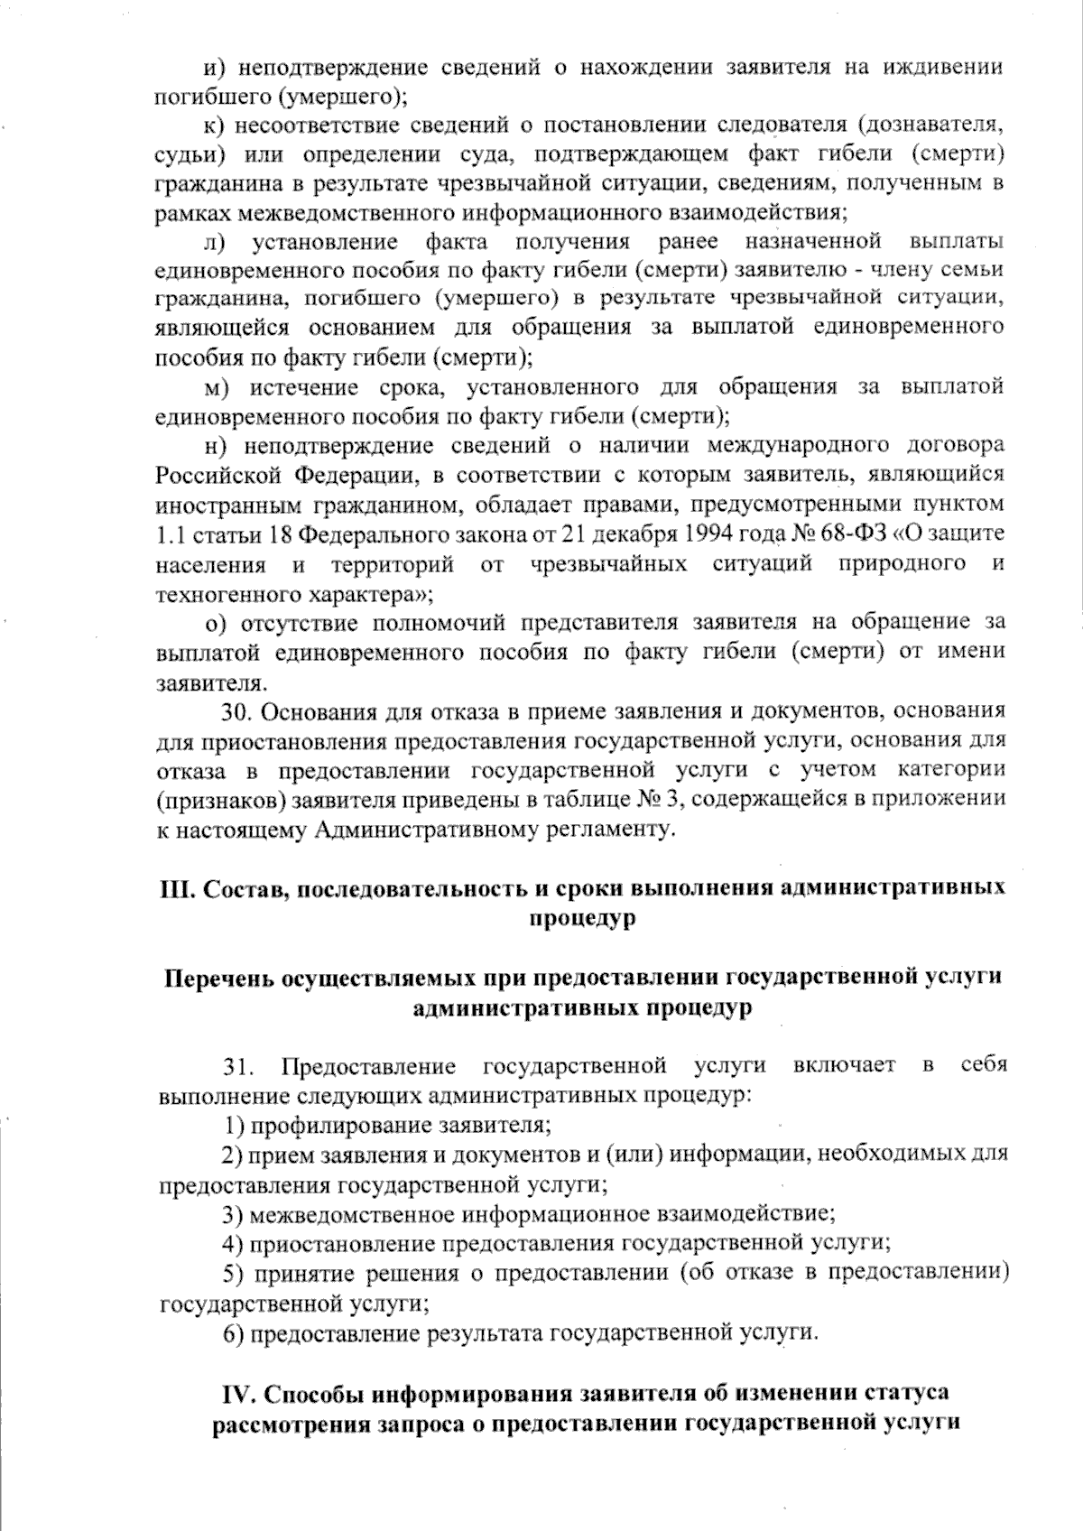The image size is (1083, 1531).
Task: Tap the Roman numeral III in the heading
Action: pyautogui.click(x=171, y=888)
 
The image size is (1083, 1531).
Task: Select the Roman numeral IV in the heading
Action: pyautogui.click(x=237, y=1393)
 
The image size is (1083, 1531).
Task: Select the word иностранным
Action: pyautogui.click(x=223, y=505)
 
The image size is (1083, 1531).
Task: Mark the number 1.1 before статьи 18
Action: pyautogui.click(x=170, y=534)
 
